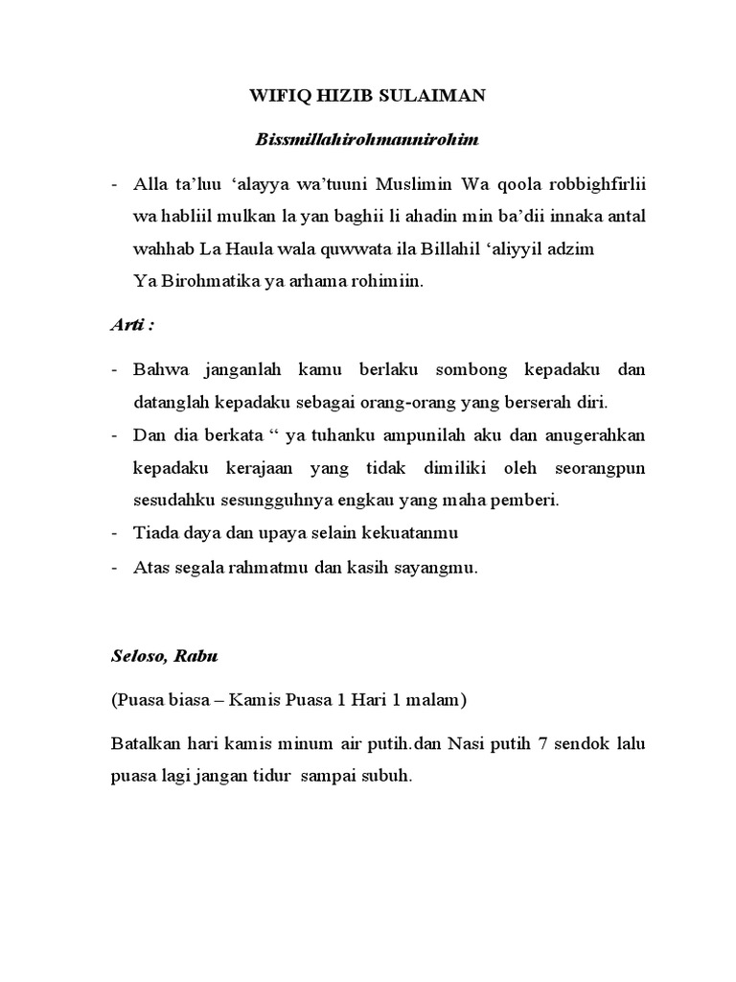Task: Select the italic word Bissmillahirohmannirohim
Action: (x=367, y=140)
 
